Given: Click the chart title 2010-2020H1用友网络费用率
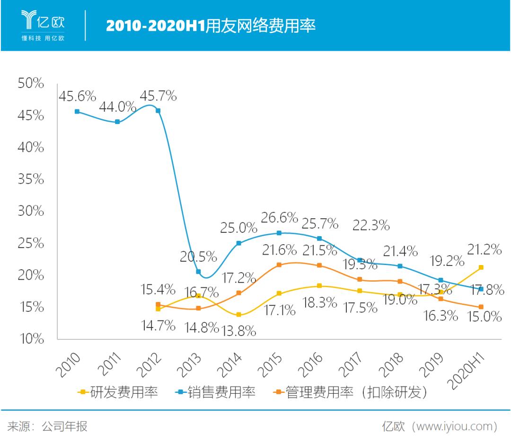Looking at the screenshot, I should pos(211,26).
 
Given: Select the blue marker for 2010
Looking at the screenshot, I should pos(77,112).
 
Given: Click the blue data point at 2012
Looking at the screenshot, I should pos(158,111).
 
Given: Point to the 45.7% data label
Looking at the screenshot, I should pos(158,96).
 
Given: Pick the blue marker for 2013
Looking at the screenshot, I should pos(198,272).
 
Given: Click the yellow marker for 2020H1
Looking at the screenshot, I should pos(481,267).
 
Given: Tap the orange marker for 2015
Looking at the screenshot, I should pos(279,265).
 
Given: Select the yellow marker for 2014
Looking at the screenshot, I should pos(239,315).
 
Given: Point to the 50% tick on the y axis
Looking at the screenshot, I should pos(31,84).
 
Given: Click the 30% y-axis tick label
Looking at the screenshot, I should pos(31,211).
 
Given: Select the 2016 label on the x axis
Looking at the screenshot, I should pos(312,364).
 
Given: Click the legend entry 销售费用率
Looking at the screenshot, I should pos(215,392).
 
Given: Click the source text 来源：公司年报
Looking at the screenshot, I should pos(47,426).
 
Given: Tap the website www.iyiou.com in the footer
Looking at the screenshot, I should pos(454,426).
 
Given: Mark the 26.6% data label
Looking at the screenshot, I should pos(279,218).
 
